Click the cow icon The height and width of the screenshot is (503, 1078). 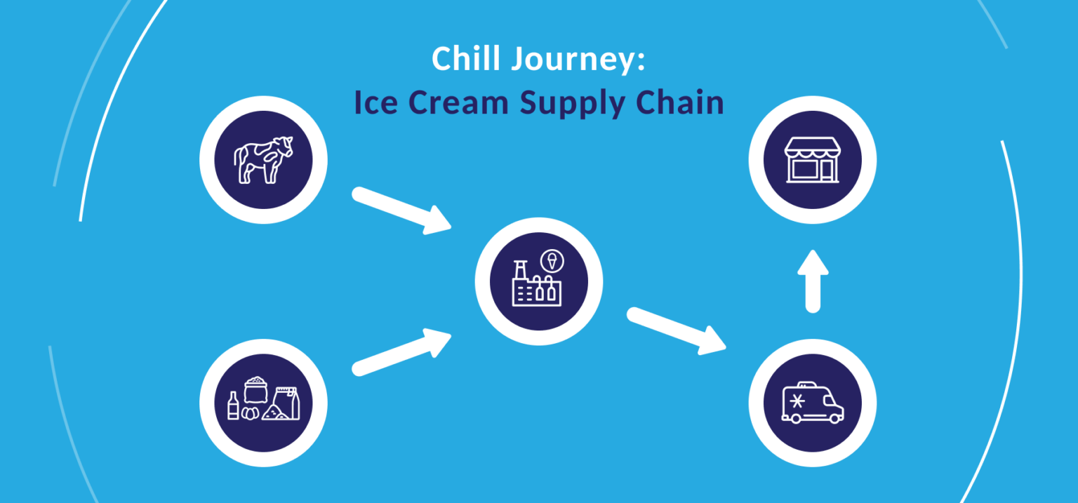263,160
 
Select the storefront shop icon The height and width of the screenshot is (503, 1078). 812,160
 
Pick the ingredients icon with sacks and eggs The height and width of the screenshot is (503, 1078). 263,402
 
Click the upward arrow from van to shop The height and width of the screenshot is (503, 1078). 813,281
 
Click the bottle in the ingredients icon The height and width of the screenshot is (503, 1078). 234,406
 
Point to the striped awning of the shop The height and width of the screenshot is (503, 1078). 812,147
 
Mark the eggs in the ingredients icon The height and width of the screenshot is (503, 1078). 251,414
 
